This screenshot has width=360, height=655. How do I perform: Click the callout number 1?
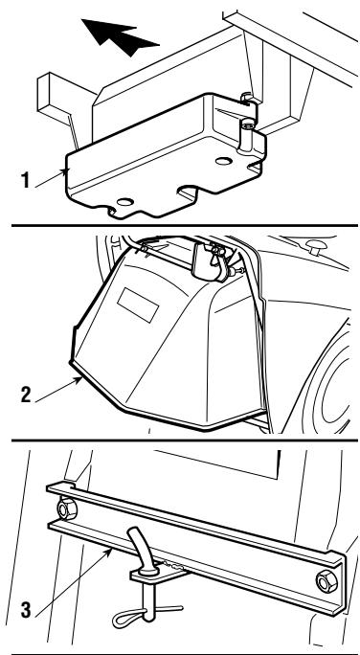click(26, 180)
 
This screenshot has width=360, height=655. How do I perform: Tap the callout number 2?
click(26, 395)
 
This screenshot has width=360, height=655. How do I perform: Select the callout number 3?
click(26, 610)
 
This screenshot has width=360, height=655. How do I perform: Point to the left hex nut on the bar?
click(66, 509)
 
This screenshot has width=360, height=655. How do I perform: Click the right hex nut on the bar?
click(326, 581)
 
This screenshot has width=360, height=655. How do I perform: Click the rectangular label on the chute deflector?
click(138, 305)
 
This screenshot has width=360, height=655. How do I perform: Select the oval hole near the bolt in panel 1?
click(224, 161)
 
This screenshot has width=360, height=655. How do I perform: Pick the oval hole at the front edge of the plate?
click(125, 202)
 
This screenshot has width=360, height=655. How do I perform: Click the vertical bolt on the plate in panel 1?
click(246, 135)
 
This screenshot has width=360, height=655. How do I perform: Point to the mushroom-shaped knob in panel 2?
click(315, 246)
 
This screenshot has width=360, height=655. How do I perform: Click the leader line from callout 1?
click(52, 178)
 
